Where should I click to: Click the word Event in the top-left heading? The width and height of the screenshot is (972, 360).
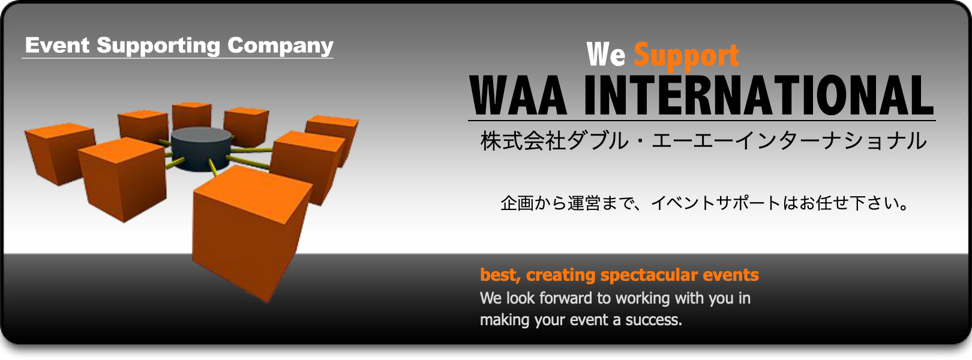tap(57, 45)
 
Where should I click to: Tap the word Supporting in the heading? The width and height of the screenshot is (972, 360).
tap(158, 46)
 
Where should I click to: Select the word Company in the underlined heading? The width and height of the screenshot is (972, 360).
tap(280, 46)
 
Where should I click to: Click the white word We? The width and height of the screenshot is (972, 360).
tap(606, 55)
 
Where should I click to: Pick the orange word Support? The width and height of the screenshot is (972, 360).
tap(686, 56)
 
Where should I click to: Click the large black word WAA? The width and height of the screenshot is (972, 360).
tap(518, 95)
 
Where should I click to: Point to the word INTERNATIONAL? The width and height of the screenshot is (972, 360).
tap(758, 95)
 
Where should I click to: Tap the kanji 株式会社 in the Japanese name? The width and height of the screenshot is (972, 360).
tap(523, 141)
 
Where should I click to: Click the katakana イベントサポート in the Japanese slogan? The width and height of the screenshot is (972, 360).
tap(716, 203)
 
